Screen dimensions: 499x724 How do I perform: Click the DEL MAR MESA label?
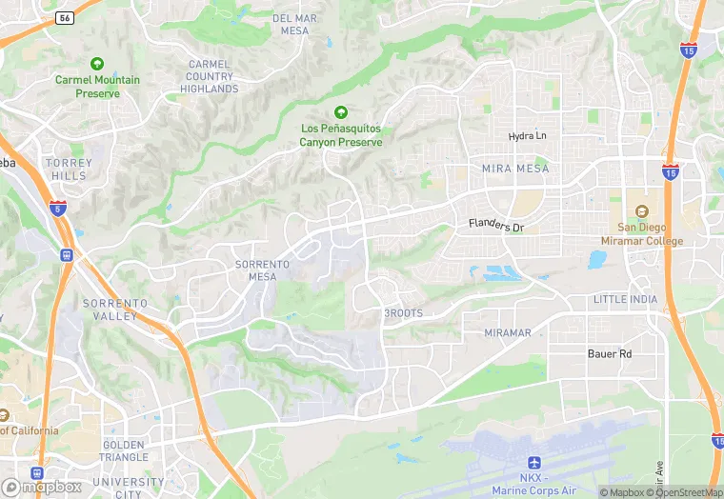(x=295, y=25)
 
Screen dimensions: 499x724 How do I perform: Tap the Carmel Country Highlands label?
(x=209, y=76)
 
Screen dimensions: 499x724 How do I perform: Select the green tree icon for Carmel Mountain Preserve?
(x=97, y=63)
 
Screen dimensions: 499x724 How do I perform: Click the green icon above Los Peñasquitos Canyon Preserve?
(x=340, y=111)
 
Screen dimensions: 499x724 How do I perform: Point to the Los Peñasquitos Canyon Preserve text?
(x=340, y=135)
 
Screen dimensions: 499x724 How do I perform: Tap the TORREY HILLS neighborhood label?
(x=69, y=170)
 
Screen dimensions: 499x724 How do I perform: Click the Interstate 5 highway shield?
(x=59, y=208)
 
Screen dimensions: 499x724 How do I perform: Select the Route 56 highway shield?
(x=65, y=17)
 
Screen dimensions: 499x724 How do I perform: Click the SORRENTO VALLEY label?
(x=115, y=309)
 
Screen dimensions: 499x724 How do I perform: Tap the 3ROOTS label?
(x=403, y=313)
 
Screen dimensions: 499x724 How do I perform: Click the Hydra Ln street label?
(x=528, y=136)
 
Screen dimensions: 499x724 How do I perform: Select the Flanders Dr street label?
(x=496, y=227)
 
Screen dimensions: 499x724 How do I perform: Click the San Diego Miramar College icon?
(x=641, y=210)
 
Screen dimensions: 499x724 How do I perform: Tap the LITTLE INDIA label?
(x=624, y=299)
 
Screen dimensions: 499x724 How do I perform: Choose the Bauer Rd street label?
(x=609, y=353)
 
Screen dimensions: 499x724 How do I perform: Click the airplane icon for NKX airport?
(x=534, y=462)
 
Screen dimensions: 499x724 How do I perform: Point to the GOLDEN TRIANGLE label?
(x=123, y=451)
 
